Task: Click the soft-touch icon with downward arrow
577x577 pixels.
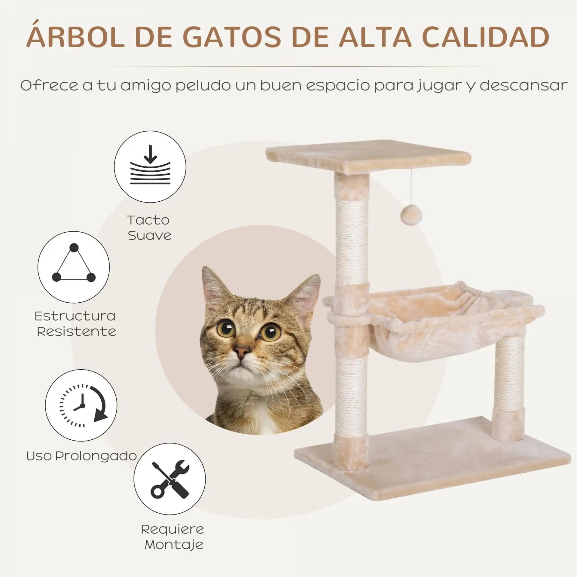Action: [x=150, y=167]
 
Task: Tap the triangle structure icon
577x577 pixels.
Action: [x=74, y=267]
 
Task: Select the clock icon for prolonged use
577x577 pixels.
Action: [x=81, y=405]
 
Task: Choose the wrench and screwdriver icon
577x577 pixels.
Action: [x=170, y=479]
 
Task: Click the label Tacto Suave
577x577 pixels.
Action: [x=149, y=228]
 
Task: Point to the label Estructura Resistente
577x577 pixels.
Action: [x=75, y=324]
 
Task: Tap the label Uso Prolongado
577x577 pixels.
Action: [x=81, y=456]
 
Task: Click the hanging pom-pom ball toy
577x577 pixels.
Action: [x=411, y=215]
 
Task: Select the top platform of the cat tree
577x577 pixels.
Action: [x=368, y=157]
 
